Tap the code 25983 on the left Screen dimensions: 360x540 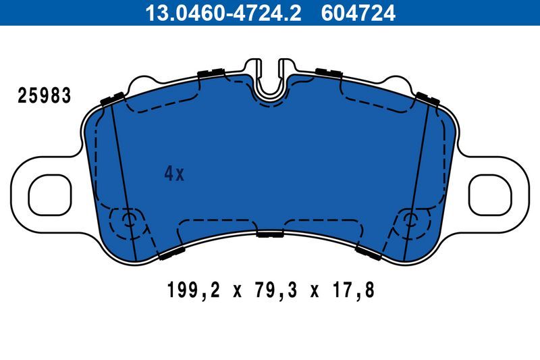[44, 96]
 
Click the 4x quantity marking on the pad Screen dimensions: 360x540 [174, 174]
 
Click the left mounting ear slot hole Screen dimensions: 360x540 [49, 192]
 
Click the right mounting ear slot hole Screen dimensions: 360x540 [491, 192]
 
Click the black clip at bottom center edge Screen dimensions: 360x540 [270, 234]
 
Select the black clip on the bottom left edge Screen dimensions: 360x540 [171, 253]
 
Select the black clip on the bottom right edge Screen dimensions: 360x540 [369, 253]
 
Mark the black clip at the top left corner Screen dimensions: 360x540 [111, 98]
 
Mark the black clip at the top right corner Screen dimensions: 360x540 [429, 98]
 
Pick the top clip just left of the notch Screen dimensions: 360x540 [211, 73]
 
